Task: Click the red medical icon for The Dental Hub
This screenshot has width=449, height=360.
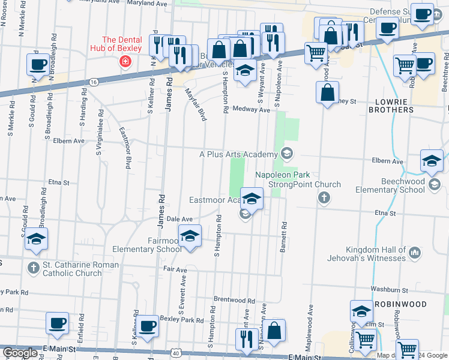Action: pyautogui.click(x=125, y=61)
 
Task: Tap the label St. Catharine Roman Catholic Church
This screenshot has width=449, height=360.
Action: pyautogui.click(x=72, y=269)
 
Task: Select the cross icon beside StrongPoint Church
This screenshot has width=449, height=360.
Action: pyautogui.click(x=324, y=197)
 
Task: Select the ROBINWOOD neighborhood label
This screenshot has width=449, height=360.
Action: pyautogui.click(x=401, y=304)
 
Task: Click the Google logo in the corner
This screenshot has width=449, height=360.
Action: pyautogui.click(x=20, y=353)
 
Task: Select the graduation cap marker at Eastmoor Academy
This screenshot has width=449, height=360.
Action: pyautogui.click(x=252, y=198)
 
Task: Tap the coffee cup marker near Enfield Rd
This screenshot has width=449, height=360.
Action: pyautogui.click(x=58, y=324)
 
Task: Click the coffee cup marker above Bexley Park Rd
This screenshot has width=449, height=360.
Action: pyautogui.click(x=148, y=327)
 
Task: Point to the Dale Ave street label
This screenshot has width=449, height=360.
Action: pyautogui.click(x=179, y=220)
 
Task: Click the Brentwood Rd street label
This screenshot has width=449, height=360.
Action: pyautogui.click(x=234, y=300)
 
